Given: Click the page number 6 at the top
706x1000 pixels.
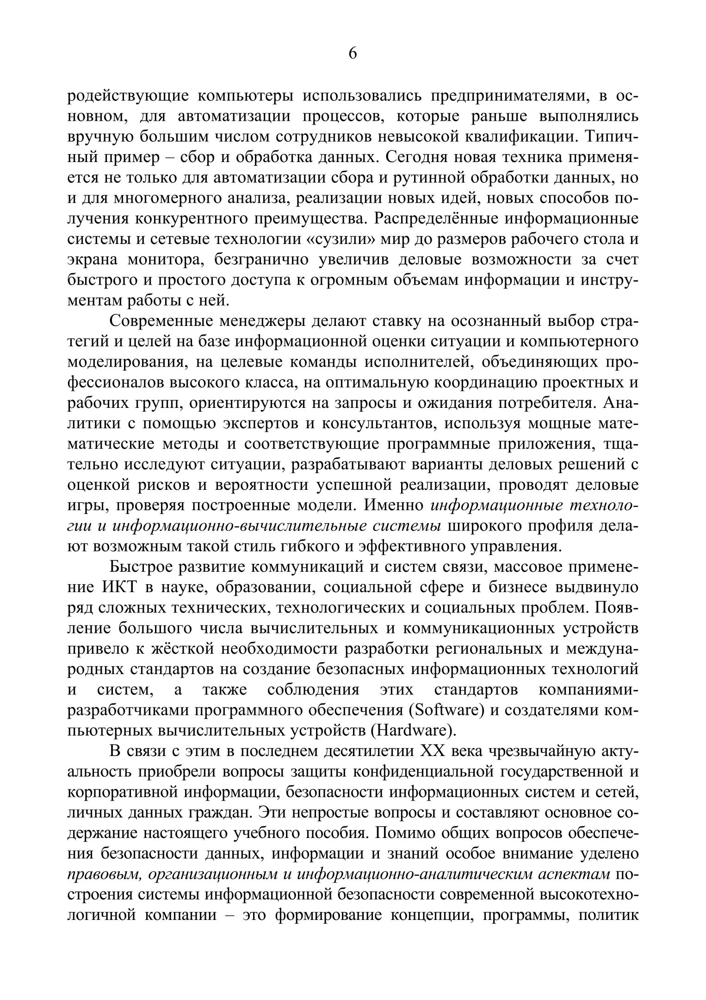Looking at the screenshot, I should coord(353,54).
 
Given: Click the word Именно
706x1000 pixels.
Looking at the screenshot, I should coord(394,506).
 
